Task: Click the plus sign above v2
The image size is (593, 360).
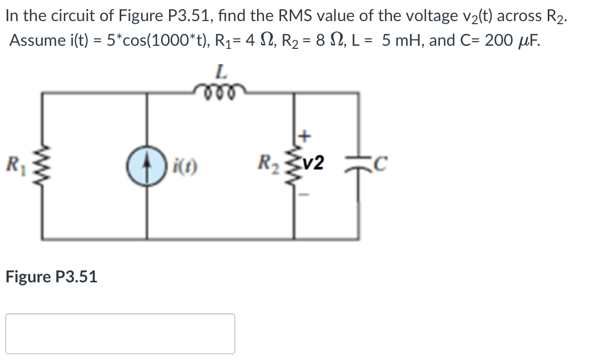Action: (304, 137)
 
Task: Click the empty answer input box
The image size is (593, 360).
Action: (120, 333)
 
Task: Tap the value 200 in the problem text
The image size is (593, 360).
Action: (498, 40)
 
